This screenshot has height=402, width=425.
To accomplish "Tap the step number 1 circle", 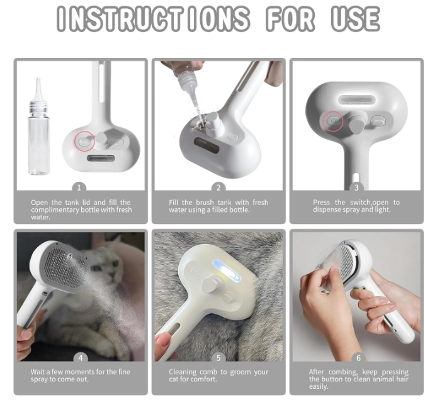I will (79, 187).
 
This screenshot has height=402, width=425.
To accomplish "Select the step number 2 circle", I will (218, 187).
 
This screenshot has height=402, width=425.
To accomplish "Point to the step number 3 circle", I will (356, 187).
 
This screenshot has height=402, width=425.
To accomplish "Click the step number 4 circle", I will (80, 357).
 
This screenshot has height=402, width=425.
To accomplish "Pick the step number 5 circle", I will (218, 357).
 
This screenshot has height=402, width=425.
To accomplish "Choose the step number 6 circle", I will (357, 357).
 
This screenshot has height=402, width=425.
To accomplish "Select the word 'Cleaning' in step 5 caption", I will (183, 372).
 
